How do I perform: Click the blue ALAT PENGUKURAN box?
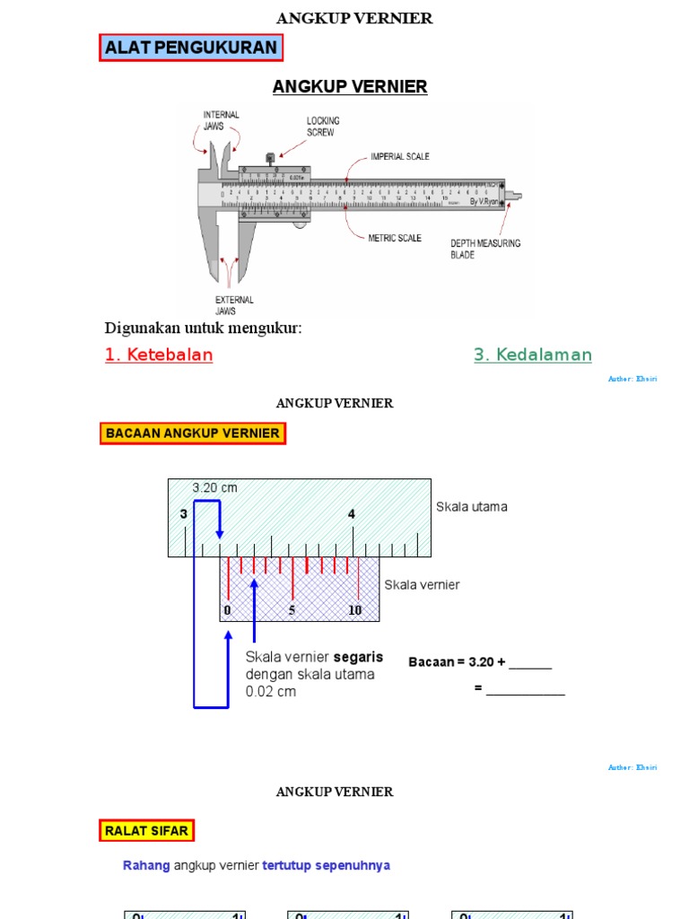point(191,48)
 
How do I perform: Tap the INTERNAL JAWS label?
point(221,120)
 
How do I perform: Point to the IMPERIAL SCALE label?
point(400,156)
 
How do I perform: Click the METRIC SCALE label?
point(396,238)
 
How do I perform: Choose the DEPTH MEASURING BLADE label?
point(484,249)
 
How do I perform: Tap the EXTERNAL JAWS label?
point(234,305)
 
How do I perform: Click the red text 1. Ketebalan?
point(159,354)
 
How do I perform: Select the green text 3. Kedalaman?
point(533,354)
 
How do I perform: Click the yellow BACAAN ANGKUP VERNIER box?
point(193,433)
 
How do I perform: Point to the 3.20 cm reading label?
point(214,487)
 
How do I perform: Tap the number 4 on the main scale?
point(352,514)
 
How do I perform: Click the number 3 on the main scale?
point(184,514)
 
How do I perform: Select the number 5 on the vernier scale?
point(292,610)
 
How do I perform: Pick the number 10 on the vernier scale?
point(355,610)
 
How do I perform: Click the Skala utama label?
point(471,507)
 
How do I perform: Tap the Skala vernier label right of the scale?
point(422,585)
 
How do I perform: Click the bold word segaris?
point(358,657)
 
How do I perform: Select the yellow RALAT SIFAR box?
point(146,831)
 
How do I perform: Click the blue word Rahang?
point(145,866)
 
